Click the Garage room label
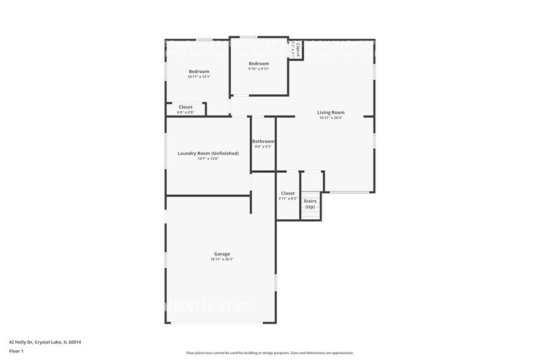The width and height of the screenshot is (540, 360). pyautogui.click(x=222, y=253)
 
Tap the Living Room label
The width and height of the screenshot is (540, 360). pyautogui.click(x=331, y=112)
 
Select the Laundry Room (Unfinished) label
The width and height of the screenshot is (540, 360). pyautogui.click(x=208, y=153)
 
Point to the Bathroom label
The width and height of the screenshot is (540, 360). pyautogui.click(x=263, y=141)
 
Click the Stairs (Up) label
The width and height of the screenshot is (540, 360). pyautogui.click(x=310, y=204)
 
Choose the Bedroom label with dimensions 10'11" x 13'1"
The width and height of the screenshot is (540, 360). pyautogui.click(x=198, y=71)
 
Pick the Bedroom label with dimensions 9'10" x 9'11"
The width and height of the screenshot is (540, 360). pyautogui.click(x=258, y=64)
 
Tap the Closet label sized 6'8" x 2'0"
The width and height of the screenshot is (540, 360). pyautogui.click(x=185, y=107)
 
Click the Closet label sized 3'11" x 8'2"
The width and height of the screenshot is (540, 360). pyautogui.click(x=288, y=193)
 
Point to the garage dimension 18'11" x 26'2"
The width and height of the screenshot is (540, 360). pyautogui.click(x=222, y=260)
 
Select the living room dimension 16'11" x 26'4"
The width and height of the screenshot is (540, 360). pyautogui.click(x=331, y=118)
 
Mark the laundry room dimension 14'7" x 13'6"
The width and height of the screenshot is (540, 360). pyautogui.click(x=208, y=159)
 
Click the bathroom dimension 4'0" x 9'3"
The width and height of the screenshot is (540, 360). pyautogui.click(x=263, y=147)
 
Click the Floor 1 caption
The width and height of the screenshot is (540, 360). pyautogui.click(x=16, y=351)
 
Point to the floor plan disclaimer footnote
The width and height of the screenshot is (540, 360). pyautogui.click(x=269, y=353)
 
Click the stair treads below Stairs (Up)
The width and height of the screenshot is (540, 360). pyautogui.click(x=310, y=216)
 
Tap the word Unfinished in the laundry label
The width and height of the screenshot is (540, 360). pyautogui.click(x=225, y=153)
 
